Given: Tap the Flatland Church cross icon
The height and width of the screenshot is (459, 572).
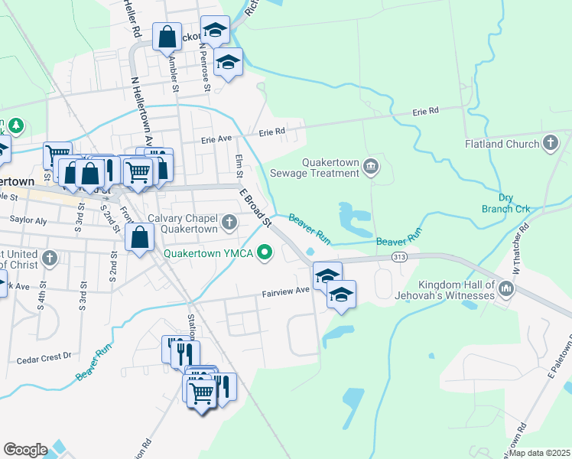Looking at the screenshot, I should click(x=549, y=143).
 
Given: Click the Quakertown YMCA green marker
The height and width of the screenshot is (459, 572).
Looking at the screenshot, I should click(x=265, y=251).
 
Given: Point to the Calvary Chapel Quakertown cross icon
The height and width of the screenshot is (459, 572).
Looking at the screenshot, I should click(x=229, y=223).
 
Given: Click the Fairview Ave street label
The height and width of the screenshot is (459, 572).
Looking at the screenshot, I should click(x=285, y=291).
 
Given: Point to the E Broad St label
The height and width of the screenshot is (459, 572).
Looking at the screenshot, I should click(x=256, y=207).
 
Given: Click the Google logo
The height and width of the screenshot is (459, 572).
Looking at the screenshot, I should click(x=25, y=450).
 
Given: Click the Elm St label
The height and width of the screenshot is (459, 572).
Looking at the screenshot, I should click(x=239, y=166).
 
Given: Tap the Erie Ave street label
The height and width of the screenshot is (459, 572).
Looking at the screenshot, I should click(x=216, y=140).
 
